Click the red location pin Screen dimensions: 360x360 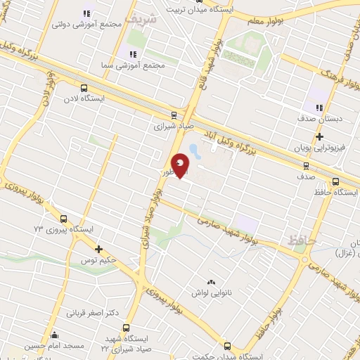[x=181, y=166]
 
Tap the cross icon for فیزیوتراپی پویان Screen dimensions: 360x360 [x=320, y=136]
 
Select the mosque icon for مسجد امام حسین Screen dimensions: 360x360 [x=55, y=335]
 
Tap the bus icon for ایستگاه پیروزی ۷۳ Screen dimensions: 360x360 [x=64, y=219]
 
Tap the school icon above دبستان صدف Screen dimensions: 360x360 [x=319, y=108]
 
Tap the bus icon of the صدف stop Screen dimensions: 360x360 [x=306, y=166]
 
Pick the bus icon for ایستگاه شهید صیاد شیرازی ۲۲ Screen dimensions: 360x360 [x=127, y=328]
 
